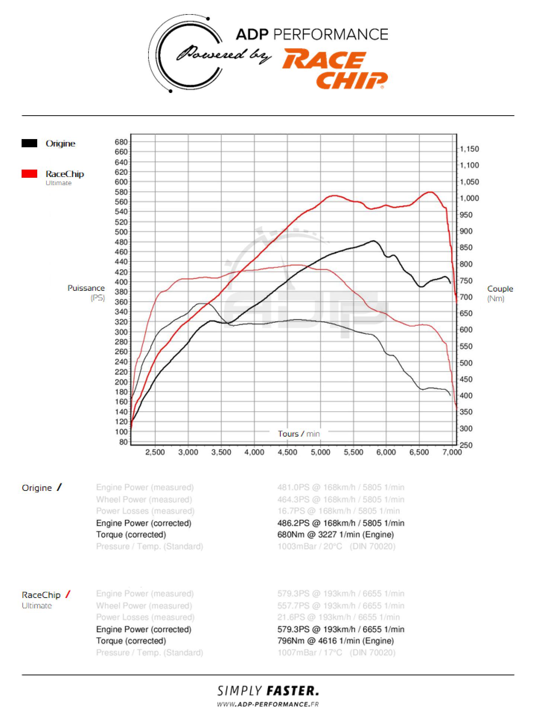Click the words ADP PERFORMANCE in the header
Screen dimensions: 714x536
coord(312,35)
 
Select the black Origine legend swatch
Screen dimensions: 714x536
coord(29,144)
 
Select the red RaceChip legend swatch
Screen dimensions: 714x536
coord(29,174)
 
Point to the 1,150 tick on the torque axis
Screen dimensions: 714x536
coord(469,149)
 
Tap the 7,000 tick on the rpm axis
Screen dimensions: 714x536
coord(452,452)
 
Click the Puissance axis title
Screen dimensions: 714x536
coord(86,288)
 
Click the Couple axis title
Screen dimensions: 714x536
coord(500,289)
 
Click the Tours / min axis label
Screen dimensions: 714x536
coord(299,434)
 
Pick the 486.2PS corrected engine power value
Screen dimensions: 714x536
coord(341,523)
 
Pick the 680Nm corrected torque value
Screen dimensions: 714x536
coord(335,535)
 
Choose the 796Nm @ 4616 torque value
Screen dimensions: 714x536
coord(335,641)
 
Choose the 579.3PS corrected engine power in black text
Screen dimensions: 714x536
coord(341,629)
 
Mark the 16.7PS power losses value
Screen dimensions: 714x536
coord(338,511)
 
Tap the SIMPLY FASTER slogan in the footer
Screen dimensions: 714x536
coord(268,691)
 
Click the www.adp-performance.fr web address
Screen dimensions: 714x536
coord(268,704)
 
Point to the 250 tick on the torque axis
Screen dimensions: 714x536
coord(466,445)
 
